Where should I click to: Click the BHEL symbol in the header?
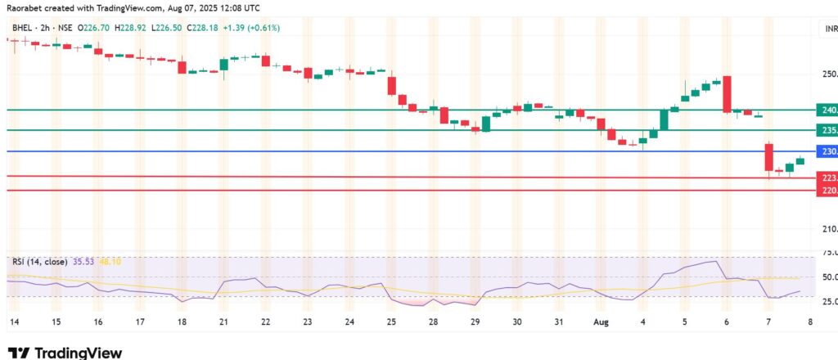(21, 29)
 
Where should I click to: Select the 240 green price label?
(827, 110)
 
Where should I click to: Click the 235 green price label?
(827, 130)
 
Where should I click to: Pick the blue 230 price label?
(827, 151)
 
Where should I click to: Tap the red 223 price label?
(827, 177)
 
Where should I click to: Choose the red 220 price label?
(827, 191)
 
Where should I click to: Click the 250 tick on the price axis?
(828, 74)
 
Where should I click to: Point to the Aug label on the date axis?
(601, 322)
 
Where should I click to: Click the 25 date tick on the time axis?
(390, 322)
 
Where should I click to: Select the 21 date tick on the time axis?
(222, 322)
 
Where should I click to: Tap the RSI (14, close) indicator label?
(42, 262)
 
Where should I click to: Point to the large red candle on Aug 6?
(727, 94)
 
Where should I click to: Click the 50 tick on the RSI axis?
(828, 277)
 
